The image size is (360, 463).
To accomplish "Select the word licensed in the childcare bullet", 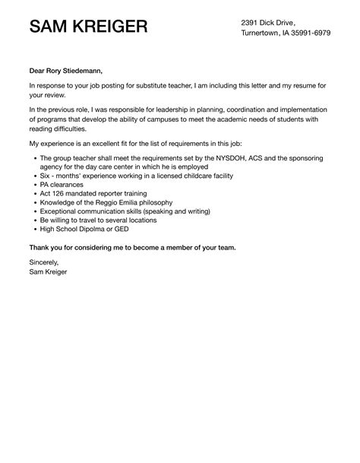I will coord(178,175).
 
